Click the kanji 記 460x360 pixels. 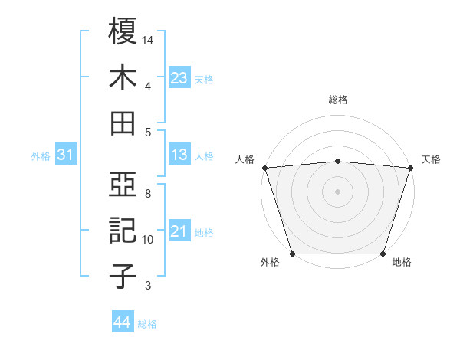(x=123, y=231)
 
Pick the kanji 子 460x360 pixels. (x=123, y=277)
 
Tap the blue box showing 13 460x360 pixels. (x=179, y=155)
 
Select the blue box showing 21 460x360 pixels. (x=179, y=231)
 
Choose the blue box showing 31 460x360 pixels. (x=66, y=155)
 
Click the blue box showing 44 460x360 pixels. (x=122, y=322)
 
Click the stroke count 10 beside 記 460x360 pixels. (x=149, y=240)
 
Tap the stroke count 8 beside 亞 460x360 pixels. (x=147, y=194)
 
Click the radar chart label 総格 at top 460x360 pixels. (x=338, y=100)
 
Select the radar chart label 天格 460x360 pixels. (x=432, y=159)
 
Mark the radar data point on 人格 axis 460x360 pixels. (x=264, y=167)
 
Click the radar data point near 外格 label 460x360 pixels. (x=293, y=253)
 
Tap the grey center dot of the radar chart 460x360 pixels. (x=338, y=191)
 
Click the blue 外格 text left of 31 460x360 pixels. (x=41, y=155)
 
